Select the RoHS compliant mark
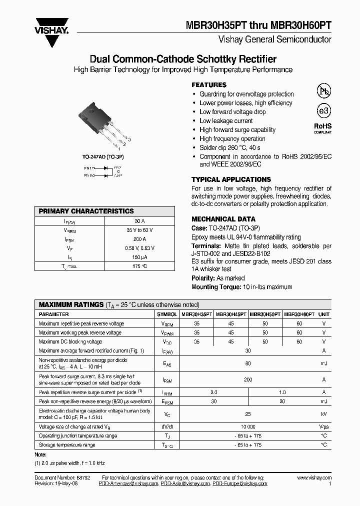(322, 128)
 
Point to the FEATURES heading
(209, 85)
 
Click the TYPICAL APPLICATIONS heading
(231, 179)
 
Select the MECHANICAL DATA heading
(223, 219)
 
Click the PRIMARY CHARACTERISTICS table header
(86, 211)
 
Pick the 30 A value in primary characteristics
(140, 221)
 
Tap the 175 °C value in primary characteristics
(140, 266)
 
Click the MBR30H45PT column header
(230, 314)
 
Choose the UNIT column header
(324, 314)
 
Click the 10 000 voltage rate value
(248, 426)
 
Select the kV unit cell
(324, 414)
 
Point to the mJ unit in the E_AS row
(324, 363)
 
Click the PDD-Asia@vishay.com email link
(184, 484)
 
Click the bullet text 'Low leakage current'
(226, 121)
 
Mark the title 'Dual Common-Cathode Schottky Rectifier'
(183, 59)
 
